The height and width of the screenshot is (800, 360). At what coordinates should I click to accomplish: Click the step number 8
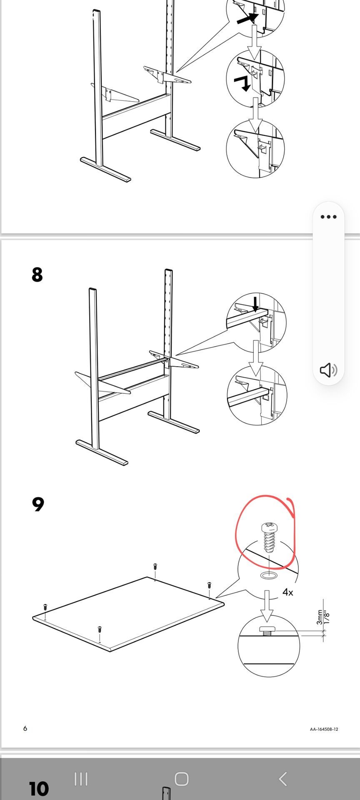pos(37,275)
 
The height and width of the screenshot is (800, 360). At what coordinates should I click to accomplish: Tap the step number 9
pos(37,504)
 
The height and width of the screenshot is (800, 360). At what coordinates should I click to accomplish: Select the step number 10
pos(39,789)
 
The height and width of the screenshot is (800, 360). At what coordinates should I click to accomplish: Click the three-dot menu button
pos(328,217)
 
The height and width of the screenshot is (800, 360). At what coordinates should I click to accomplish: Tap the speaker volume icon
pos(328,370)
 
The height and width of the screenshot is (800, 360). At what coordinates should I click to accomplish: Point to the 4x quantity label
pos(287,592)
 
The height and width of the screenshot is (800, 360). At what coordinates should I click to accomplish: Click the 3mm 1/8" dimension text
pos(323,617)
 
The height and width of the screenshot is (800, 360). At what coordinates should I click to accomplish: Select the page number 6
pos(25,728)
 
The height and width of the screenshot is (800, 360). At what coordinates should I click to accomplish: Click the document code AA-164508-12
pos(324,729)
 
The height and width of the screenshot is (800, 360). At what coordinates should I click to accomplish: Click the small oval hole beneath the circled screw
pos(269,575)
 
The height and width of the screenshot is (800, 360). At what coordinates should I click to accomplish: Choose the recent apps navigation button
pos(81,778)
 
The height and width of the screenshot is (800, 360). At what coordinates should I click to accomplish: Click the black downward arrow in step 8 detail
pos(256,304)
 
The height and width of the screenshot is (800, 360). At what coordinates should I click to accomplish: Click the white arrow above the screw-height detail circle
pos(267,605)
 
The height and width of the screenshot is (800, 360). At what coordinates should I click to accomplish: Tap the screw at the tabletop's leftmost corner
pos(45,607)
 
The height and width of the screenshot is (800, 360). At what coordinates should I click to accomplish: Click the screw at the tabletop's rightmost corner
pos(209,585)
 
